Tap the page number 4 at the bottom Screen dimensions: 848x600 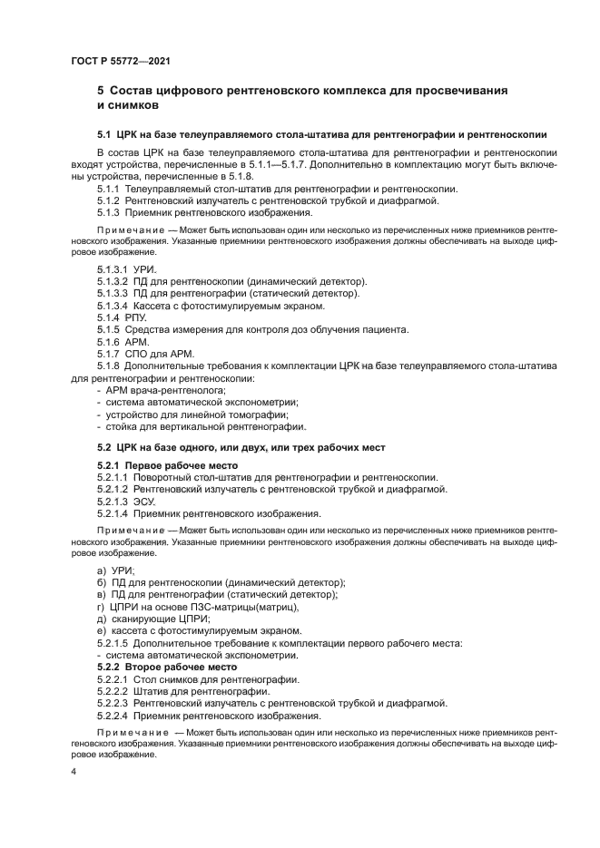pyautogui.click(x=74, y=771)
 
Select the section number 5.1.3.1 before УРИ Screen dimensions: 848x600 pyautogui.click(x=113, y=270)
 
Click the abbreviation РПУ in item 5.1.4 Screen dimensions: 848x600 pyautogui.click(x=137, y=318)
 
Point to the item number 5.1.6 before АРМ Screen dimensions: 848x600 pyautogui.click(x=110, y=342)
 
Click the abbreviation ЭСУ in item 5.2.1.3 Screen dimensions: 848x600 pyautogui.click(x=144, y=501)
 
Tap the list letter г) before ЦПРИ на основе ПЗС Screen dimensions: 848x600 pyautogui.click(x=101, y=607)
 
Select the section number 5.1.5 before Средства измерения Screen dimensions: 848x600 pyautogui.click(x=110, y=330)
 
